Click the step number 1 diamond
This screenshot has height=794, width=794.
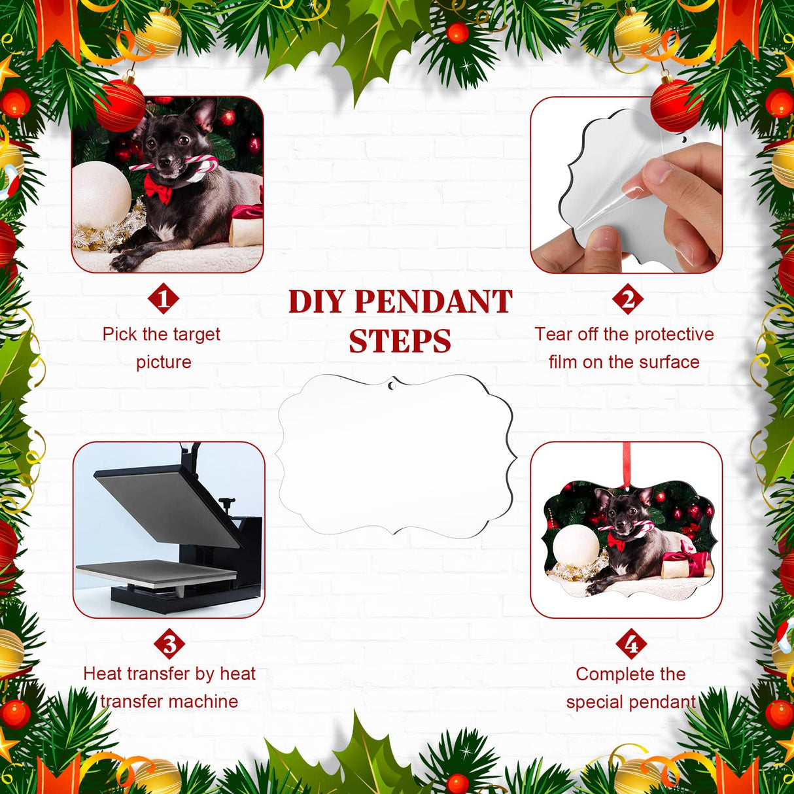[164, 299]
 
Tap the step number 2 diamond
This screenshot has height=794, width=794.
[628, 299]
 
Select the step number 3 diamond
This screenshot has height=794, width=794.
[169, 645]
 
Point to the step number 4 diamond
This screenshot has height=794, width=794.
[631, 645]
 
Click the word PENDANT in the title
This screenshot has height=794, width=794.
[433, 302]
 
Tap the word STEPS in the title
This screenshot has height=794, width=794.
[400, 341]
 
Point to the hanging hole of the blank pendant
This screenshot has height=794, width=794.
[392, 386]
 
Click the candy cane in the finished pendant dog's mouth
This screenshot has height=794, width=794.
[621, 528]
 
